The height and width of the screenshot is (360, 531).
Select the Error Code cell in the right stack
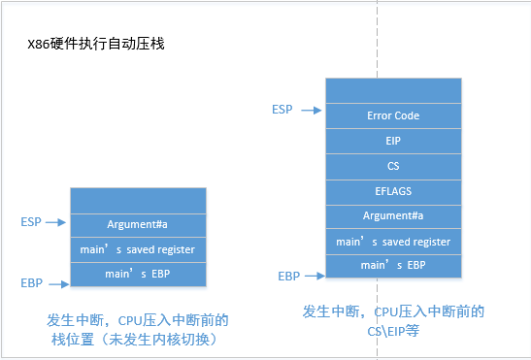pos(393,115)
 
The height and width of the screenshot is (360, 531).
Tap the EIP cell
pos(393,141)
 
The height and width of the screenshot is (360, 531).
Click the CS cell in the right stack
pos(393,166)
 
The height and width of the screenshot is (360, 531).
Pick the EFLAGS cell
pos(393,191)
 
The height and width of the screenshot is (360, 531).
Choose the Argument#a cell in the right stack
pos(393,215)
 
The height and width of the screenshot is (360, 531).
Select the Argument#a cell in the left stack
pos(138,224)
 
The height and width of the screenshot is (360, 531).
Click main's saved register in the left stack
pos(138,249)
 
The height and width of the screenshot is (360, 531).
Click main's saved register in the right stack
pos(393,241)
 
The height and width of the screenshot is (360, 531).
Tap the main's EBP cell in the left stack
pos(138,274)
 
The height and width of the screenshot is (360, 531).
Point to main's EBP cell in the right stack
pos(393,265)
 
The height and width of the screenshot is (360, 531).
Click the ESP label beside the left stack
pos(31,222)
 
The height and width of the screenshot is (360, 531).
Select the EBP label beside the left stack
pos(31,283)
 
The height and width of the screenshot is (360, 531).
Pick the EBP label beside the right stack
pos(288,277)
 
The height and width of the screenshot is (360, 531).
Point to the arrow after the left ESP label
pos(57,222)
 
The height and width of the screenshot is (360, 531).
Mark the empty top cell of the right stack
pos(393,90)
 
